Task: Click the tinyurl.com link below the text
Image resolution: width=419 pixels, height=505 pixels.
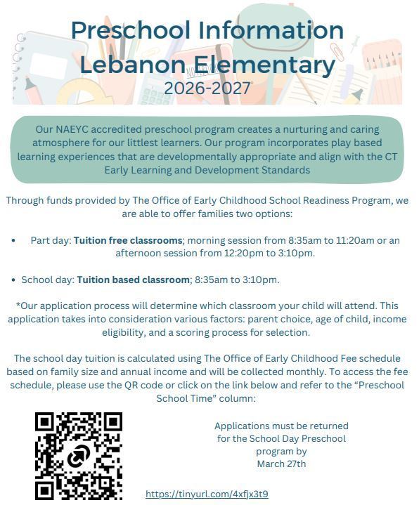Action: (207, 494)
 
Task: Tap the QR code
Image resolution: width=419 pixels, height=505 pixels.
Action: (79, 455)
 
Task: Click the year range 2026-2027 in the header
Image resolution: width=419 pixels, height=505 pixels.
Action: (207, 88)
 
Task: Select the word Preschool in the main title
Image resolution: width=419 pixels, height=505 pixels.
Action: (131, 30)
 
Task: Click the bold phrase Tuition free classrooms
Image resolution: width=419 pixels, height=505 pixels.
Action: (128, 240)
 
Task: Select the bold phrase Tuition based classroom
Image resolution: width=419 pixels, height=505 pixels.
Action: (134, 280)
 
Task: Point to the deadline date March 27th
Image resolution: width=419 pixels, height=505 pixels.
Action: (281, 464)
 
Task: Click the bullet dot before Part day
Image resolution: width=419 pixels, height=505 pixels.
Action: (14, 240)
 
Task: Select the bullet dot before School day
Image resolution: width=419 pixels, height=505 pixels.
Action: (14, 280)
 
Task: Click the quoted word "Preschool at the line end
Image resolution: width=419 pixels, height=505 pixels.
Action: (380, 385)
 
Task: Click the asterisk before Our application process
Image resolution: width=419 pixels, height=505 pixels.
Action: (18, 306)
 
